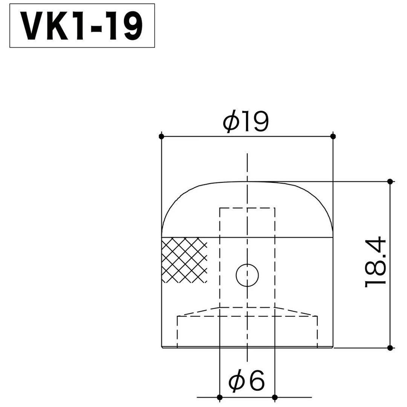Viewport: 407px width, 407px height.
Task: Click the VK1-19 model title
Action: point(82,26)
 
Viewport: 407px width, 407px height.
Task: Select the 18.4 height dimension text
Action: point(375,262)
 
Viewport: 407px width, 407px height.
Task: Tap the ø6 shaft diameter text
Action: point(247,382)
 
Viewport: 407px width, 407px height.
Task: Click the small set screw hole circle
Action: point(247,275)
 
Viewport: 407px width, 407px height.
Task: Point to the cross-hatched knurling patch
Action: point(184,260)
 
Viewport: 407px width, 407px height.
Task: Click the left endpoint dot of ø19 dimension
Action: point(162,136)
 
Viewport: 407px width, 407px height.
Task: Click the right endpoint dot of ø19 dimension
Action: point(332,136)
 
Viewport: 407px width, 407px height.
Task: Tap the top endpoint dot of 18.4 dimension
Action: point(390,181)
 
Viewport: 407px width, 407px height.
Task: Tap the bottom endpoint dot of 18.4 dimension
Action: point(390,347)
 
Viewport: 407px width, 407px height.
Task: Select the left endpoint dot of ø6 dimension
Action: point(220,397)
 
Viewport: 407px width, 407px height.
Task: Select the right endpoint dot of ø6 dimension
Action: point(275,397)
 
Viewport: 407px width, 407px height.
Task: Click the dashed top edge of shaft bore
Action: point(247,208)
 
